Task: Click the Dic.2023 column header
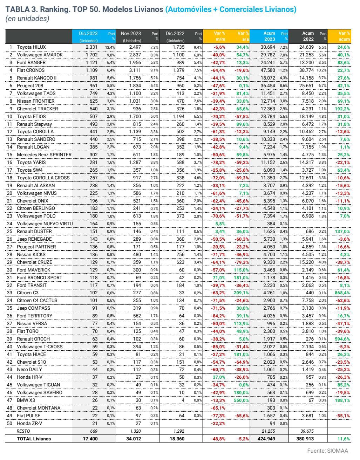click(88, 34)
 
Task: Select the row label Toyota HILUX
click(31, 47)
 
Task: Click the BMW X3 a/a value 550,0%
click(241, 400)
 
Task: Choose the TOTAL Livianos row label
click(34, 439)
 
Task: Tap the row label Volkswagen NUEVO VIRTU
click(45, 224)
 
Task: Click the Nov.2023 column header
click(131, 34)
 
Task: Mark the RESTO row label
click(23, 431)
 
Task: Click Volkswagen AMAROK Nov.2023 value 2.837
click(135, 55)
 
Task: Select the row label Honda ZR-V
click(29, 423)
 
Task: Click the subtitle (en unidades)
click(27, 19)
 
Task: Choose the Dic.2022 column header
click(175, 34)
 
